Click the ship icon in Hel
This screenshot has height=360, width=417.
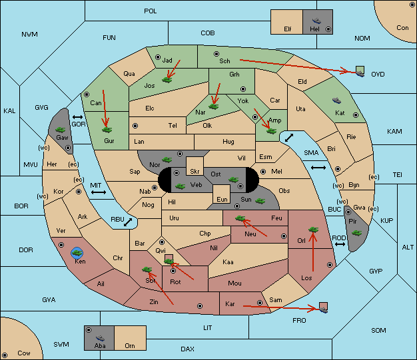click(x=316, y=21)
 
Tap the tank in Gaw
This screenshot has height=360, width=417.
click(x=61, y=130)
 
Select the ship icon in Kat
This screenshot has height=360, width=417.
click(x=336, y=100)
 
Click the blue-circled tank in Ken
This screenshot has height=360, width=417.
click(x=77, y=253)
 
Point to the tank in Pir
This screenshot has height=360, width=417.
click(x=356, y=233)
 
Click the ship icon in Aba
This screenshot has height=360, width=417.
click(x=100, y=338)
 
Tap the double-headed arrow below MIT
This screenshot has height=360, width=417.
click(x=99, y=192)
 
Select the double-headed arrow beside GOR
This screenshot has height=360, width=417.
click(x=77, y=117)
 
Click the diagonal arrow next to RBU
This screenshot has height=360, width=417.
click(x=128, y=222)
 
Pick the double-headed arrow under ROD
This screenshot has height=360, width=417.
click(x=340, y=244)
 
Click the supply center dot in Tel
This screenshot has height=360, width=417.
click(x=135, y=125)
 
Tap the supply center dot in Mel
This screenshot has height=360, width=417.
click(x=263, y=172)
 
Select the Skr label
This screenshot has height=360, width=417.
click(x=195, y=172)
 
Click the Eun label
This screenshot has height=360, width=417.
click(x=222, y=199)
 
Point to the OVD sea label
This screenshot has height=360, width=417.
click(x=378, y=74)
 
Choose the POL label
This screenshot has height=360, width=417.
click(x=151, y=11)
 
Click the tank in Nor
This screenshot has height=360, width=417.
click(x=167, y=160)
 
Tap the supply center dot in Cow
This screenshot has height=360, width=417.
click(x=5, y=355)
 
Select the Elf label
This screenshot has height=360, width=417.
click(x=288, y=29)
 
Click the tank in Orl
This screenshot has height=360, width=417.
click(x=313, y=230)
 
